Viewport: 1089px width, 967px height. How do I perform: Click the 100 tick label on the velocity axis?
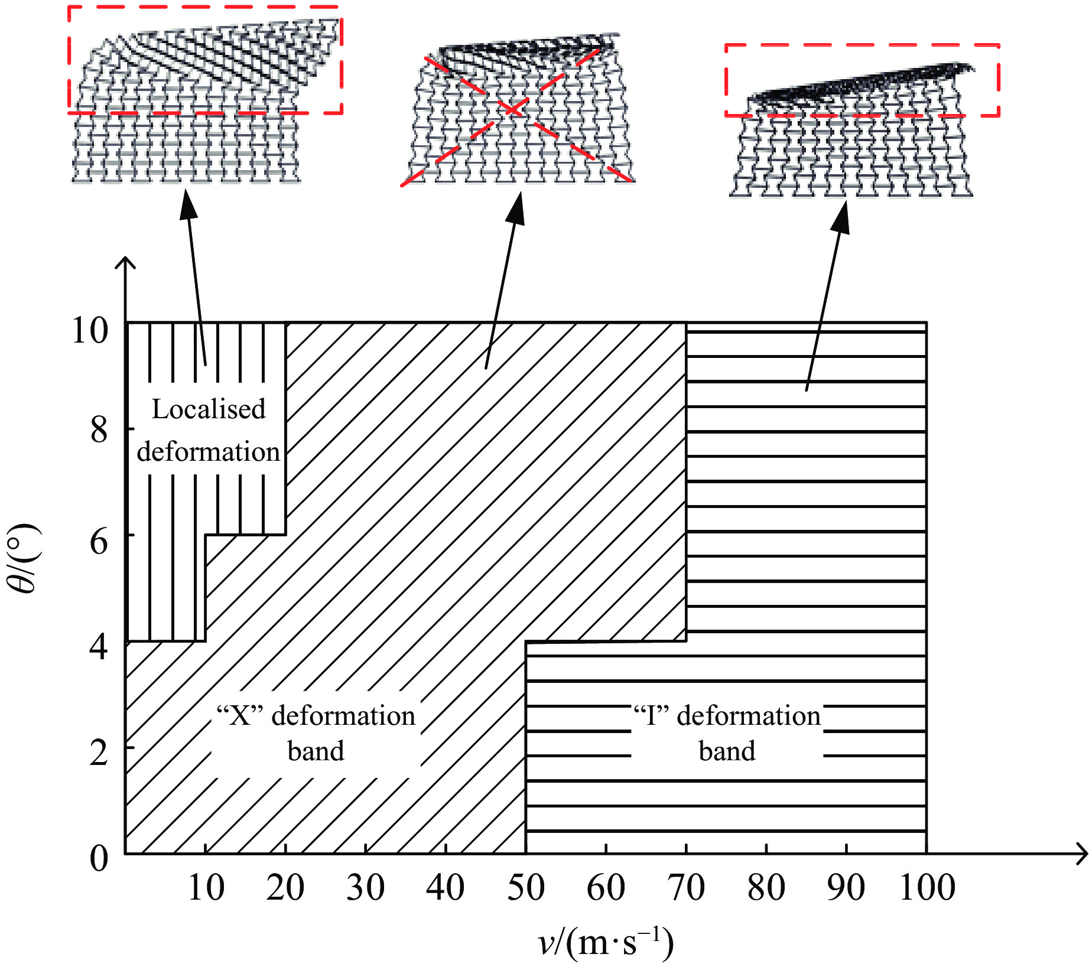coord(927,888)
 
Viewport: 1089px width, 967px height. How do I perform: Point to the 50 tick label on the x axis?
coord(525,888)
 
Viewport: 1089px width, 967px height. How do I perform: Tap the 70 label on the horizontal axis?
coord(686,888)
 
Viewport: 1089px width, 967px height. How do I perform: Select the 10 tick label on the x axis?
coord(206,888)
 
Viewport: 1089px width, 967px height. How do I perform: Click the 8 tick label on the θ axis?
coord(99,430)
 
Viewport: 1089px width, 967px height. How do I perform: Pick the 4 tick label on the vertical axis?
coord(99,647)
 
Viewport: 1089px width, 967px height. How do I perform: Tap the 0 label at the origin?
coord(99,858)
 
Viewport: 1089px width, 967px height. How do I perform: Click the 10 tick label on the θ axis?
coord(90,330)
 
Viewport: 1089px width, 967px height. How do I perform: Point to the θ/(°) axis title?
coord(24,558)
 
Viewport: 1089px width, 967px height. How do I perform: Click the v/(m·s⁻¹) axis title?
coord(606,943)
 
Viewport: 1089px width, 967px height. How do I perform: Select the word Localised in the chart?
coord(209,409)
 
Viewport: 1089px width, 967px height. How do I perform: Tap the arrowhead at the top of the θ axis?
coord(125,262)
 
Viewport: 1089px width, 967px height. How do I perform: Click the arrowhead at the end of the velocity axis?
coord(1082,854)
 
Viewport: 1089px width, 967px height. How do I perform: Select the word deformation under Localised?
coord(208,452)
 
